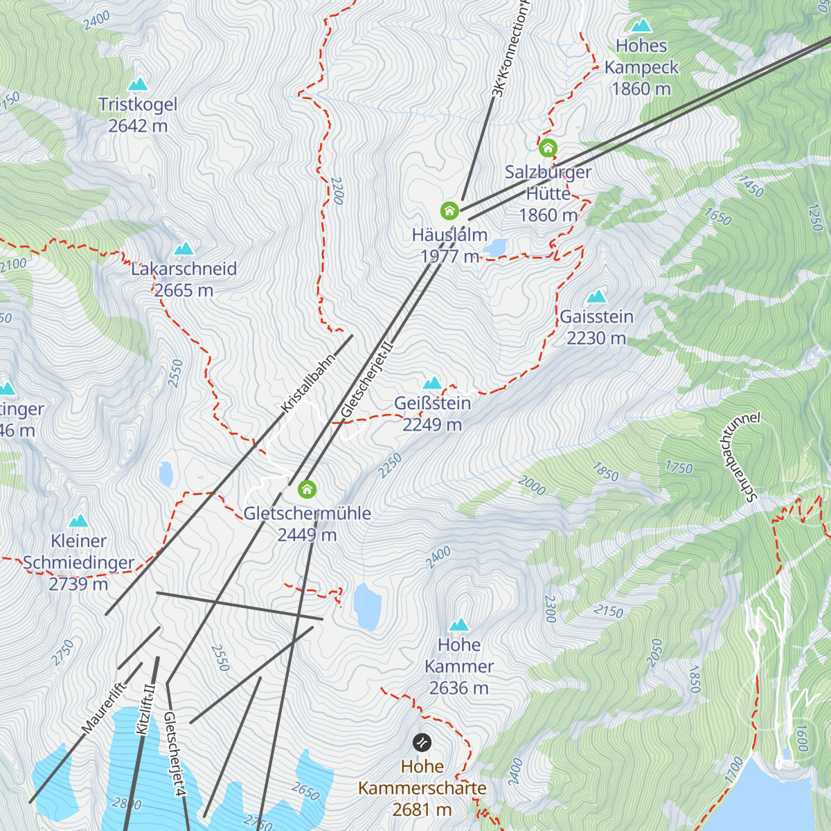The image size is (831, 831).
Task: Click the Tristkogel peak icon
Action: tap(138, 84)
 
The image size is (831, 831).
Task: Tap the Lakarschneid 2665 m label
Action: tap(184, 280)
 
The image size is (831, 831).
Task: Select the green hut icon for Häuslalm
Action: tap(449, 211)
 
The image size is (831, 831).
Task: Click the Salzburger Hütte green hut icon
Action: tap(548, 148)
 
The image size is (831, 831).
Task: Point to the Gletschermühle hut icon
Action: tap(307, 490)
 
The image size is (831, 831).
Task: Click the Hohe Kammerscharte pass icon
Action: tap(422, 743)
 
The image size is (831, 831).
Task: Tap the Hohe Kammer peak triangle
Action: tap(458, 625)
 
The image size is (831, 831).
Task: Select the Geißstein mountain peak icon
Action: tap(432, 384)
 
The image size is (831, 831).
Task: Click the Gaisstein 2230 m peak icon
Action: tap(596, 297)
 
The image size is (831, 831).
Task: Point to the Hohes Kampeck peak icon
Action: tap(641, 26)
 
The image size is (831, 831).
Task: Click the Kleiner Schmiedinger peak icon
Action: tap(79, 521)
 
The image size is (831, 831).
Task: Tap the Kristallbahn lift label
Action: tap(309, 383)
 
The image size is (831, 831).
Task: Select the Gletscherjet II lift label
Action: tap(367, 378)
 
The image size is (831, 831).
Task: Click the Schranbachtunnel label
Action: tap(740, 456)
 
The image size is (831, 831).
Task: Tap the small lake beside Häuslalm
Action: tap(495, 247)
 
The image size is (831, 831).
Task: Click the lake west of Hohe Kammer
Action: tap(367, 606)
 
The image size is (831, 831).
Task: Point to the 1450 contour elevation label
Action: tap(751, 187)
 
